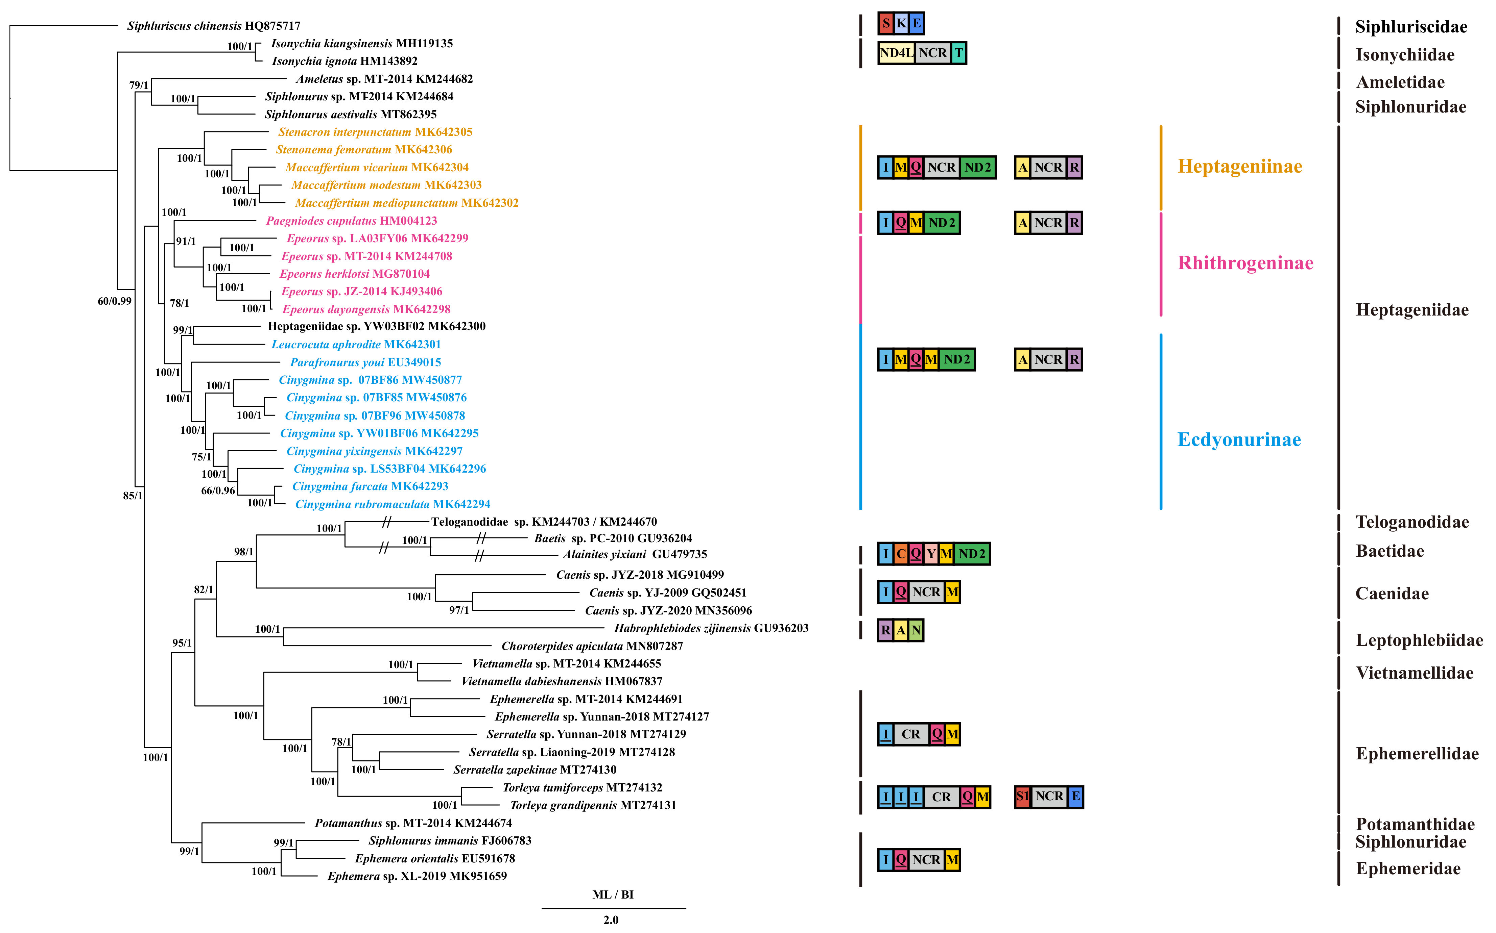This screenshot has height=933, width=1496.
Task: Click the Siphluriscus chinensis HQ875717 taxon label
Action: pos(214,26)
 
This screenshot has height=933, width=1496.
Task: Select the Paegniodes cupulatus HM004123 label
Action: pos(351,221)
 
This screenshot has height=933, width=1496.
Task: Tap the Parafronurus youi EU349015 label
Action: pos(365,362)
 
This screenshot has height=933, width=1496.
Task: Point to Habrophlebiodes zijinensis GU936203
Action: pos(711,628)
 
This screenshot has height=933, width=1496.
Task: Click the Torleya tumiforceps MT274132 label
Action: pos(582,787)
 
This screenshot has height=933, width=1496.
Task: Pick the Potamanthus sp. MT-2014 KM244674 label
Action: pos(413,823)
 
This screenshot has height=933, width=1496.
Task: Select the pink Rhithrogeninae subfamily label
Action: pos(1245,263)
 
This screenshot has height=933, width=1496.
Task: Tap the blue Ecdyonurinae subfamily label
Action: pos(1239,439)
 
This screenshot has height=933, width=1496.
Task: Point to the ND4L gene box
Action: pos(896,53)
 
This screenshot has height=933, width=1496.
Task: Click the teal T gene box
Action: pos(958,53)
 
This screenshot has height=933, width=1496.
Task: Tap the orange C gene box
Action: pos(901,554)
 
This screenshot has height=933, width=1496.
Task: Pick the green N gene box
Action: pos(916,630)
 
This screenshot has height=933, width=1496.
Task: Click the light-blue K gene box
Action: pos(901,23)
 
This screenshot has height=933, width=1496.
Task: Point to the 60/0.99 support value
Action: pos(115,301)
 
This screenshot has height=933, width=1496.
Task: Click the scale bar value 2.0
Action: pos(611,919)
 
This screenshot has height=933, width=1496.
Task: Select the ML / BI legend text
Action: pos(613,894)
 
